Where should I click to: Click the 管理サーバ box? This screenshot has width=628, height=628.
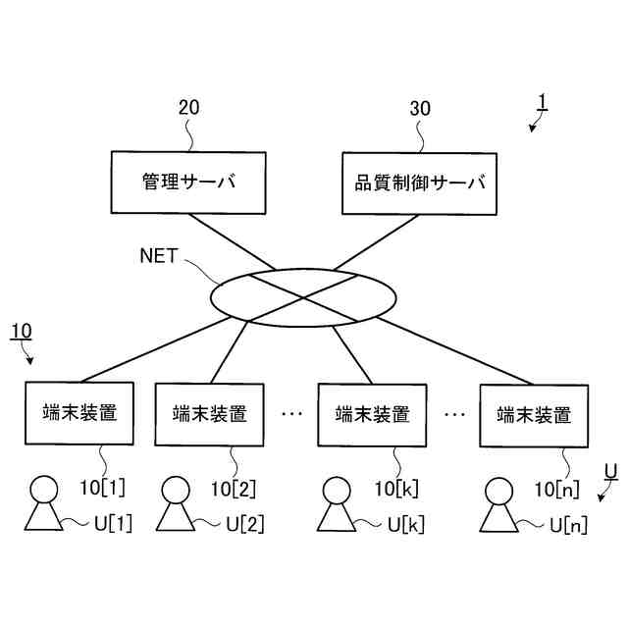pos(189,183)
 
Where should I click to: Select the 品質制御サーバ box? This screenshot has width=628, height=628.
pos(419,183)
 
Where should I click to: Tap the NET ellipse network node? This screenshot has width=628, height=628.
pos(305,295)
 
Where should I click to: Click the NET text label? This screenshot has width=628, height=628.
pos(158,256)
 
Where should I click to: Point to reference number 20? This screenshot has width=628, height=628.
pos(188,108)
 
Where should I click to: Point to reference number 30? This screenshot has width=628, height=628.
pos(419,108)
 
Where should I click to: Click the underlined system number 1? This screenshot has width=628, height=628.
pos(543,102)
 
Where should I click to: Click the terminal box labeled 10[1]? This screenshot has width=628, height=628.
pos(80,413)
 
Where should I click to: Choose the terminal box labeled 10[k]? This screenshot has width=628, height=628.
pos(372,414)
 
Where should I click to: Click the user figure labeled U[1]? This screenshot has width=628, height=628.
pos(42,504)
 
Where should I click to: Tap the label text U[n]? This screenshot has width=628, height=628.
pos(567,525)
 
